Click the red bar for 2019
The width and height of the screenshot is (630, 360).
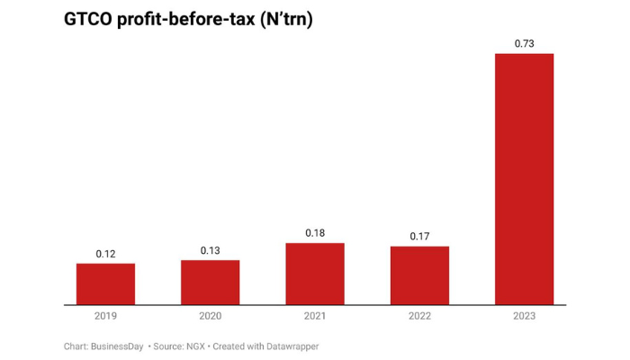[x=105, y=283]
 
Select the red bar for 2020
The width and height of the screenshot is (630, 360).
[x=210, y=282]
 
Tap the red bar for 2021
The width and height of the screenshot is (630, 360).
[x=315, y=274]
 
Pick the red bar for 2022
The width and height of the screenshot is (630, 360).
[x=419, y=275]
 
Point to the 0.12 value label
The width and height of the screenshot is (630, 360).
[x=105, y=254]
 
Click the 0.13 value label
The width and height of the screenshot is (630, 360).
[x=210, y=250]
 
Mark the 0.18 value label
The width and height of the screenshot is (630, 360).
[x=315, y=233]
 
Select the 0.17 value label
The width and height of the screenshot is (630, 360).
[x=419, y=237]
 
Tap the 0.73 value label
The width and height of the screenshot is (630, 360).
[x=524, y=43]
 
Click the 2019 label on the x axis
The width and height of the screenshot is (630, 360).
[x=105, y=316]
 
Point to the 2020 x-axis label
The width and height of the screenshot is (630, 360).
[x=210, y=316]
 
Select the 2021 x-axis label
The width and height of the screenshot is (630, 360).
[x=315, y=316]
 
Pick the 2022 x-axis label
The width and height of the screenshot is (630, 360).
[x=419, y=316]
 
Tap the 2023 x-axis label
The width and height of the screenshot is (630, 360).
[x=524, y=316]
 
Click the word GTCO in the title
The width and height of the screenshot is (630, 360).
[x=89, y=18]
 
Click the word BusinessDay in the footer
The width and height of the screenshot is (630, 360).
[x=117, y=346]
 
